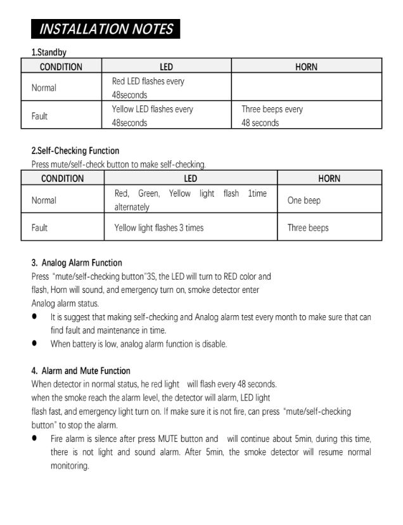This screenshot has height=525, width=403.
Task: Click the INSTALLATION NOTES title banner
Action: coord(106,29)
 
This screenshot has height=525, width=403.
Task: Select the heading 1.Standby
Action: coord(49,52)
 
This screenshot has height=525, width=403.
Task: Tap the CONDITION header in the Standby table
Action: coord(61,67)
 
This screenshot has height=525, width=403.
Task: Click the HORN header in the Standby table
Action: coord(306,67)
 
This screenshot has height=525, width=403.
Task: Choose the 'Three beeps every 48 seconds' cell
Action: coord(272,116)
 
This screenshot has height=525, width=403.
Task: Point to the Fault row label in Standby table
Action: coord(39,117)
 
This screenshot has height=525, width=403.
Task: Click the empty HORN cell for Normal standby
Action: coord(306,88)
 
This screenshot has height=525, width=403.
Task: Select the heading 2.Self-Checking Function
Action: coord(75,151)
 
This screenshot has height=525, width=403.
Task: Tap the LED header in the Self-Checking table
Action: coord(190,178)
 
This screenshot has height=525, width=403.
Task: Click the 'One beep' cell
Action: coord(304,200)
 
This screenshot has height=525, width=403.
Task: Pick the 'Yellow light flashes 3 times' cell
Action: coord(159,228)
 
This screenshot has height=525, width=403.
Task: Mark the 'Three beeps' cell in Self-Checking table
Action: coord(308,228)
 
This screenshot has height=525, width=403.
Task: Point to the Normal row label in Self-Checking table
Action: coord(44,200)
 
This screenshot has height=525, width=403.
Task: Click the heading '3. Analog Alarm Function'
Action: coord(77,262)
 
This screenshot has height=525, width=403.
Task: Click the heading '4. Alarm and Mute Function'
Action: coord(80,371)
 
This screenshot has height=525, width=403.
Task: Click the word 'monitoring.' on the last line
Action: coord(70,466)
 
